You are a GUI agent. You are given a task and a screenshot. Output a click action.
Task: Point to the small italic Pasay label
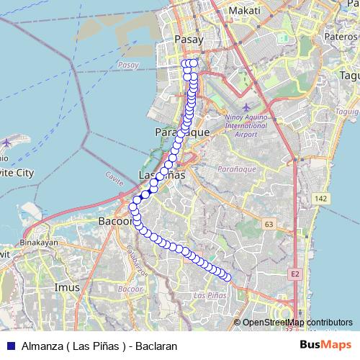[127, 66]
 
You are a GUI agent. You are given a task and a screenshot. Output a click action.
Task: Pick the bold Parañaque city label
[182, 133]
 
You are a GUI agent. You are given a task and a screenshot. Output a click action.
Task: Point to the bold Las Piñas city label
[161, 176]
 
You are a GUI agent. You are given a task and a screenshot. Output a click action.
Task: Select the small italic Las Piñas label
[211, 295]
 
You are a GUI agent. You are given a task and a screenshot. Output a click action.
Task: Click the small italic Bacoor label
[131, 288]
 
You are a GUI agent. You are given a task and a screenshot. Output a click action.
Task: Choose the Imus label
[68, 287]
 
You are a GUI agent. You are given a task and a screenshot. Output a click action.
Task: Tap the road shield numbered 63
[269, 225]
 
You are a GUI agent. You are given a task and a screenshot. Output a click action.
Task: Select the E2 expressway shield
[295, 274]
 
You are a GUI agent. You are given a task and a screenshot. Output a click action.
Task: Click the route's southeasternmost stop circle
[228, 276]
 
